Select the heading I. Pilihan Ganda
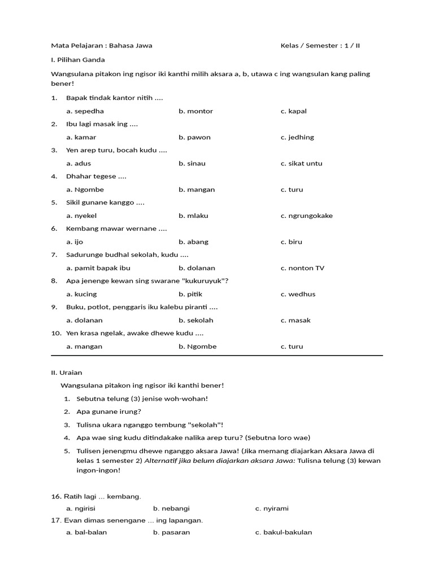click(78, 59)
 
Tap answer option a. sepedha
click(85, 111)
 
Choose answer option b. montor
click(196, 111)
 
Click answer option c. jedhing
click(297, 137)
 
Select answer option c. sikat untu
click(301, 163)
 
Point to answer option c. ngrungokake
click(306, 216)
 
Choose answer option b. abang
click(193, 242)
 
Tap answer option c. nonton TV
click(302, 268)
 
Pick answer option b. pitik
click(190, 294)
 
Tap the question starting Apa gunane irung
click(108, 411)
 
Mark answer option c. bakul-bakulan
click(283, 532)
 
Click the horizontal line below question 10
click(217, 356)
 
